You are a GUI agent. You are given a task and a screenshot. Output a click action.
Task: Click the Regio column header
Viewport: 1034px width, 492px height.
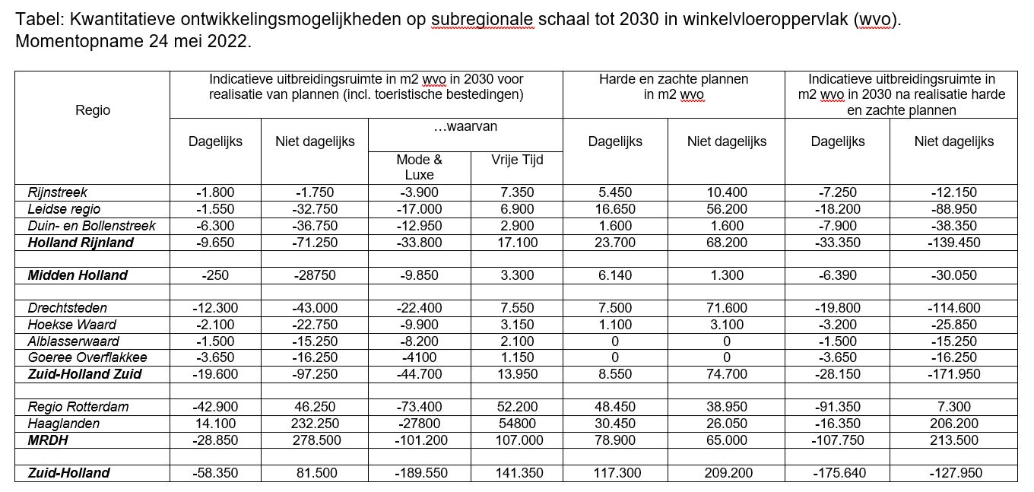(93, 110)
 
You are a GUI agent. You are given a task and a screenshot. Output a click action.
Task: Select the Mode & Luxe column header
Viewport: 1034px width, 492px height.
(419, 167)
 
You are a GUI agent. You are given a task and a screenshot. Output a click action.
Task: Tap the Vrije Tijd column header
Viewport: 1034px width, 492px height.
(517, 160)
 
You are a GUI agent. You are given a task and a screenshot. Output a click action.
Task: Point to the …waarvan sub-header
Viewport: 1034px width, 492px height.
(465, 127)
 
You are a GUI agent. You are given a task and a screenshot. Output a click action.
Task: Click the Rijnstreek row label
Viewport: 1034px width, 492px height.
(58, 192)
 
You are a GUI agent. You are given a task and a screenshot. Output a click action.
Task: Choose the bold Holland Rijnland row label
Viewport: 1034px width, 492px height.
(81, 243)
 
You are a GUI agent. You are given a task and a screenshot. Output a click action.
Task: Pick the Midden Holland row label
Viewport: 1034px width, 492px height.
(78, 275)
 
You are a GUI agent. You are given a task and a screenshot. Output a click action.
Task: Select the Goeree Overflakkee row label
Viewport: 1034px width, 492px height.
(87, 357)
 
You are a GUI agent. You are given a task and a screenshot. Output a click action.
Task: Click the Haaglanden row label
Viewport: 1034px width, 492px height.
(64, 424)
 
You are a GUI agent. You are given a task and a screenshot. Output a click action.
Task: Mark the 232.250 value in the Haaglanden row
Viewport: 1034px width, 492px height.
(314, 424)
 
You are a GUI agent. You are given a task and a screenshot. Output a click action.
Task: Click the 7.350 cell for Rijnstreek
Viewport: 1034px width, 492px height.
(517, 192)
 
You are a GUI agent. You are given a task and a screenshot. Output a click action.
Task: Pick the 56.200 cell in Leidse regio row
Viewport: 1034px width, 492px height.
(726, 209)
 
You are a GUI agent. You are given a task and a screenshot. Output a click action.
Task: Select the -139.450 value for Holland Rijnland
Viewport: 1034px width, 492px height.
(953, 243)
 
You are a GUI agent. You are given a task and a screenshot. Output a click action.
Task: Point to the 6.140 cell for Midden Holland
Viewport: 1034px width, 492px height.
(615, 275)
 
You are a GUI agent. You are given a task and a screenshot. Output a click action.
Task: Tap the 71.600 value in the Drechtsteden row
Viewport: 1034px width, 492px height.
(726, 308)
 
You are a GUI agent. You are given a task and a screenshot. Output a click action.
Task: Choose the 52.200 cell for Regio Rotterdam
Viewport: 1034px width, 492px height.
(517, 407)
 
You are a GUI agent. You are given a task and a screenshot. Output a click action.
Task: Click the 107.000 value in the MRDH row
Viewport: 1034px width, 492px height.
(517, 440)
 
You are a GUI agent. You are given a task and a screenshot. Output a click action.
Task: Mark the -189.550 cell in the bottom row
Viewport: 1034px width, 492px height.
(419, 473)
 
